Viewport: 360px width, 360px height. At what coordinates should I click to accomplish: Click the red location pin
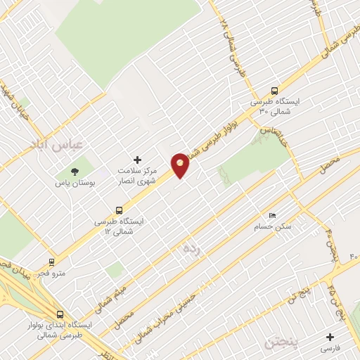pyautogui.click(x=181, y=165)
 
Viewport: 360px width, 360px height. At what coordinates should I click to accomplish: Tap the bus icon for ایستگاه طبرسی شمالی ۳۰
pyautogui.click(x=274, y=91)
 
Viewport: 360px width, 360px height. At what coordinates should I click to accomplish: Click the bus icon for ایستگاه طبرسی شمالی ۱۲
pyautogui.click(x=118, y=210)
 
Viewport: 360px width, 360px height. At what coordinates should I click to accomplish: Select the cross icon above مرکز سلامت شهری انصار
pyautogui.click(x=137, y=160)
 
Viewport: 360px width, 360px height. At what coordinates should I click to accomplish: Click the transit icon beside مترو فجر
pyautogui.click(x=51, y=261)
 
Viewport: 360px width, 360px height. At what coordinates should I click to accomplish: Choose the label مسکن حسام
pyautogui.click(x=272, y=227)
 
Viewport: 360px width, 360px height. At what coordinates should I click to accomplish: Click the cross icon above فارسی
pyautogui.click(x=329, y=336)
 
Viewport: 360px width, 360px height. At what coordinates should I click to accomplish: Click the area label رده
pyautogui.click(x=192, y=250)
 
